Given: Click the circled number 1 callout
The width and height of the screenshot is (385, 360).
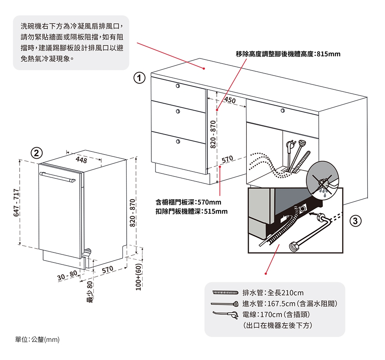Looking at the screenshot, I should click(139, 78).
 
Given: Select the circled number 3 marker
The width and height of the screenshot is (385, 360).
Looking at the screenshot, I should click(355, 221).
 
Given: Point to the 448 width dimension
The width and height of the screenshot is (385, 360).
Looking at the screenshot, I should click(82, 160).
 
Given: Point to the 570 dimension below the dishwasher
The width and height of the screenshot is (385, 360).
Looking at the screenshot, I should click(107, 268).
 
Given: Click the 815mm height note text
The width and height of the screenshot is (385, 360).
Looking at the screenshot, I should click(288, 54).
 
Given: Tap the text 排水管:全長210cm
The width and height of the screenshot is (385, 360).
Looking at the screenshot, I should click(273, 293).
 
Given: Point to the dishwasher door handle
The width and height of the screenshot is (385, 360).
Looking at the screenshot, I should click(58, 177).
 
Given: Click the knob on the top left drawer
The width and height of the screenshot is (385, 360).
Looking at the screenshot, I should click(177, 86).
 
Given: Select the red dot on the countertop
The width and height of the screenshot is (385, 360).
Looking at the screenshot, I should click(204, 68).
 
